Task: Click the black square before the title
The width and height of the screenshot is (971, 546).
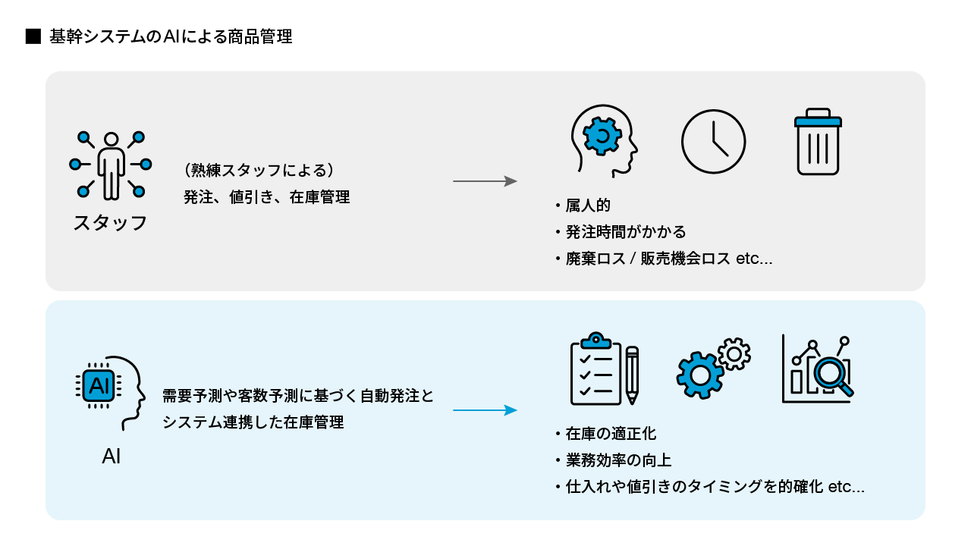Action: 33,37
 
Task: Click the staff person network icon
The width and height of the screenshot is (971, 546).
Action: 111,165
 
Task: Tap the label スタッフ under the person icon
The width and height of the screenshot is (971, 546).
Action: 111,223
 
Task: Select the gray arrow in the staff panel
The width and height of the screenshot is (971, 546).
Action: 485,181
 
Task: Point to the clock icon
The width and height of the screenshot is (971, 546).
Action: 713,142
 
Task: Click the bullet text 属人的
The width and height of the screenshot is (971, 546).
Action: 588,206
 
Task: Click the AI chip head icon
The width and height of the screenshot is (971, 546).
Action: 111,387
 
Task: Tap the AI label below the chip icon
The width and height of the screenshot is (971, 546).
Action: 112,458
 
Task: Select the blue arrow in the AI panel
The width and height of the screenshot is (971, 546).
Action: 485,410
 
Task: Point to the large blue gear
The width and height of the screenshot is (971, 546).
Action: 700,375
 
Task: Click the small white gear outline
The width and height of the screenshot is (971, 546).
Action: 734,353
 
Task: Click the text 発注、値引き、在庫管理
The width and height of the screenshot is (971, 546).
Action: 266,197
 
